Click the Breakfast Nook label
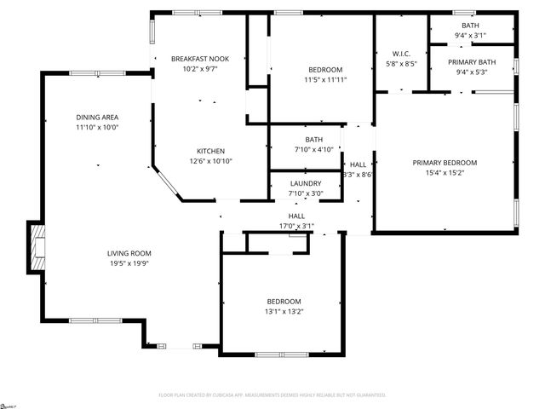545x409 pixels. click(x=200, y=59)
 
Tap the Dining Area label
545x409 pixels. click(x=96, y=117)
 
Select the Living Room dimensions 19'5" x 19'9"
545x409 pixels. click(x=129, y=263)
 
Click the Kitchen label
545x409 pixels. click(x=210, y=151)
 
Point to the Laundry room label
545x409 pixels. click(x=306, y=183)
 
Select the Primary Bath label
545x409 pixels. click(x=472, y=61)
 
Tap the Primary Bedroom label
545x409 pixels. click(x=445, y=163)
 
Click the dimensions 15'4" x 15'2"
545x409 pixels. click(x=445, y=173)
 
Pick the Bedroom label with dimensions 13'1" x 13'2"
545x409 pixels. click(x=284, y=302)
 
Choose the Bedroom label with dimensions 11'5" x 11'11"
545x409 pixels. click(x=325, y=70)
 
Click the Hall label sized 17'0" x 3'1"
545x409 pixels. click(x=296, y=216)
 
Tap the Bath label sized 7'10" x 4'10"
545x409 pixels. click(x=314, y=140)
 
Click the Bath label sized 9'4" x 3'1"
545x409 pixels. click(x=471, y=26)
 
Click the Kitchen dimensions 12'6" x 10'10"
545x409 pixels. click(x=210, y=161)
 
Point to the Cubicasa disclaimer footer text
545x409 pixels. click(x=272, y=395)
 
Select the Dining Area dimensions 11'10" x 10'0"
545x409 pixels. click(x=96, y=127)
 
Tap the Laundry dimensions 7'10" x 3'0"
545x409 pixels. click(x=306, y=193)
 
